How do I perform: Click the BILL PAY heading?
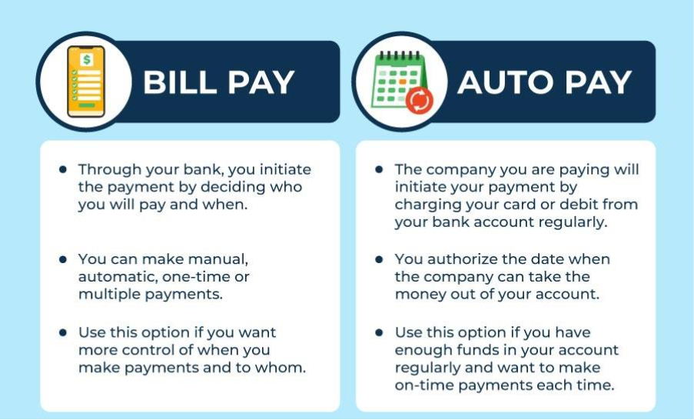[x=218, y=82]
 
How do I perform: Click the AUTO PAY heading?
[x=544, y=82]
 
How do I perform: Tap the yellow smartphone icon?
[x=86, y=82]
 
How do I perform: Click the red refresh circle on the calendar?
[x=419, y=101]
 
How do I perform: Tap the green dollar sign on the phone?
[x=86, y=59]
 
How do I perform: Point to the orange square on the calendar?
[x=402, y=82]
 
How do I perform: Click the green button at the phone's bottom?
[x=86, y=105]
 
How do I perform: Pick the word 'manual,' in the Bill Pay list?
[x=217, y=259]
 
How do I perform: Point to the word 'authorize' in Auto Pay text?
[x=462, y=259]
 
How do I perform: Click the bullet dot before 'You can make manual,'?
[x=63, y=259]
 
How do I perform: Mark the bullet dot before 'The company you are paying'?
[x=379, y=170]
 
